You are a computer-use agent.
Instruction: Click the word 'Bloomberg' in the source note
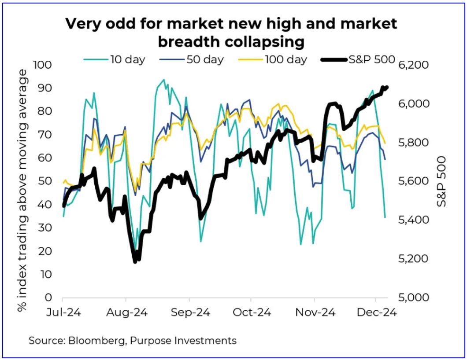[x=90, y=340]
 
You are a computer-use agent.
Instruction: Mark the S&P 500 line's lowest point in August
[x=135, y=262]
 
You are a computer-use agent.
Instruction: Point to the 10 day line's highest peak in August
[x=164, y=80]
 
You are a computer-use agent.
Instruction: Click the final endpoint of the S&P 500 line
[x=387, y=87]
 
